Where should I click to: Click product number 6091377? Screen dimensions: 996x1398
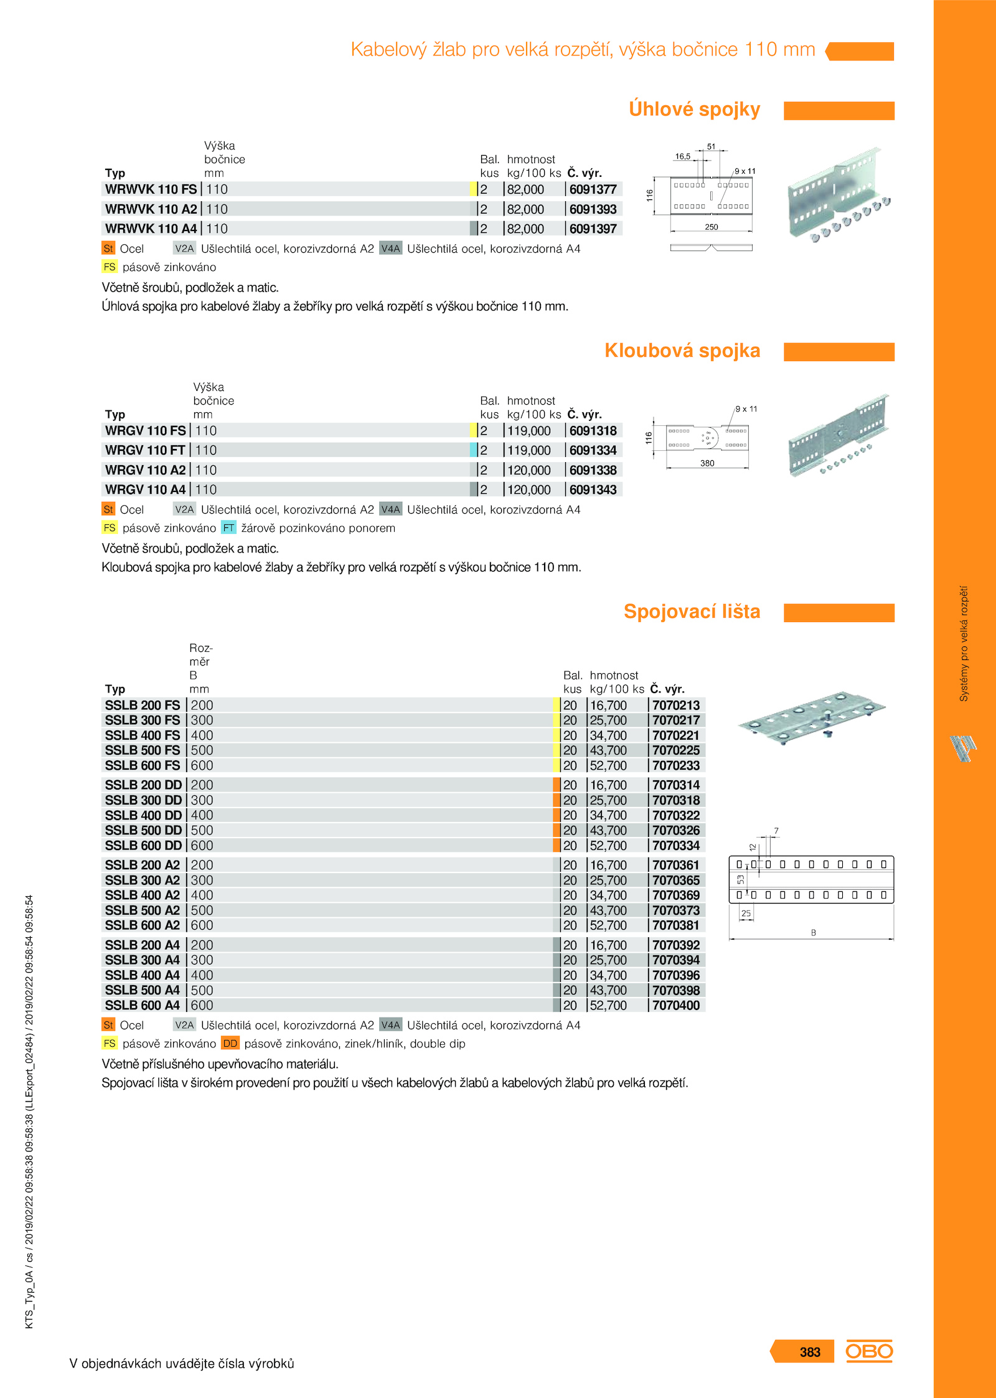tap(593, 189)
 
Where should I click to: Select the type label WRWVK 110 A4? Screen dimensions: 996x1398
tap(151, 229)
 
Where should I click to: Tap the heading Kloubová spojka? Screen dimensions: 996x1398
tap(682, 351)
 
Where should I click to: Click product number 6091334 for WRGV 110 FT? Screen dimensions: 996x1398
tap(593, 450)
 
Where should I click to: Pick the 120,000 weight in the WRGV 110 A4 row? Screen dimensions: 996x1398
tap(529, 489)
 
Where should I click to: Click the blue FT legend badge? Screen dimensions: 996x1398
tap(228, 527)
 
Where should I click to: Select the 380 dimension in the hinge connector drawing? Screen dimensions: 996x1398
tap(707, 463)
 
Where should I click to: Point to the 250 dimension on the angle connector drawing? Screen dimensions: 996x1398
tap(712, 227)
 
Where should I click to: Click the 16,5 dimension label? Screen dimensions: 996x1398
tap(683, 156)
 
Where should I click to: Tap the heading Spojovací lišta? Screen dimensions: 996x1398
tap(692, 612)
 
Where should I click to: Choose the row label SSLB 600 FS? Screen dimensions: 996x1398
tap(142, 765)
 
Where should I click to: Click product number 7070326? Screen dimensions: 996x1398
tap(676, 830)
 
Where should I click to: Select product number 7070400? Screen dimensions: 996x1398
tap(676, 1005)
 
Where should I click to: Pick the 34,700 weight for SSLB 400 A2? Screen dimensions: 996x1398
tap(608, 895)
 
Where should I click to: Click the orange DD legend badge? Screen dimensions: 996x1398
tap(230, 1043)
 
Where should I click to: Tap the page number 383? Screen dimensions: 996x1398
tap(810, 1352)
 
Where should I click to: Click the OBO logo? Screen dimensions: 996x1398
tap(869, 1351)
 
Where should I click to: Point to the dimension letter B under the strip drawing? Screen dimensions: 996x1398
tap(813, 933)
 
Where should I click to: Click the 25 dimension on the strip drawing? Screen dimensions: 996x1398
tap(746, 914)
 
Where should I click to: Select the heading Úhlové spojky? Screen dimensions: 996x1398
tap(694, 109)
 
